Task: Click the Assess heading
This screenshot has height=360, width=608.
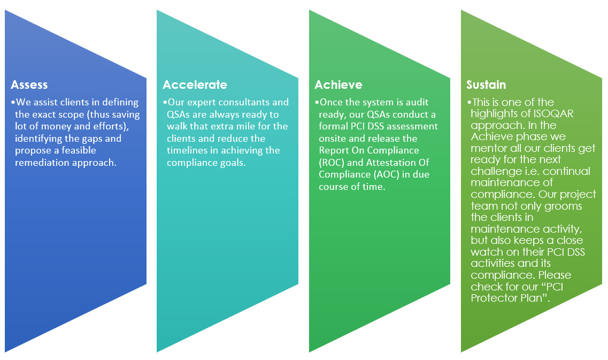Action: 29,85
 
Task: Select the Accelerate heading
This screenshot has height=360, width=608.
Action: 195,85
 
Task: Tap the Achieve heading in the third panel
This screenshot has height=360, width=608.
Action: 338,85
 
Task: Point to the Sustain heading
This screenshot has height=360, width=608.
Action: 486,85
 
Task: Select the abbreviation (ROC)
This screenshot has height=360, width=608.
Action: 332,163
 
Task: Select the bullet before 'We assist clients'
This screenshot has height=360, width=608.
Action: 13,102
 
